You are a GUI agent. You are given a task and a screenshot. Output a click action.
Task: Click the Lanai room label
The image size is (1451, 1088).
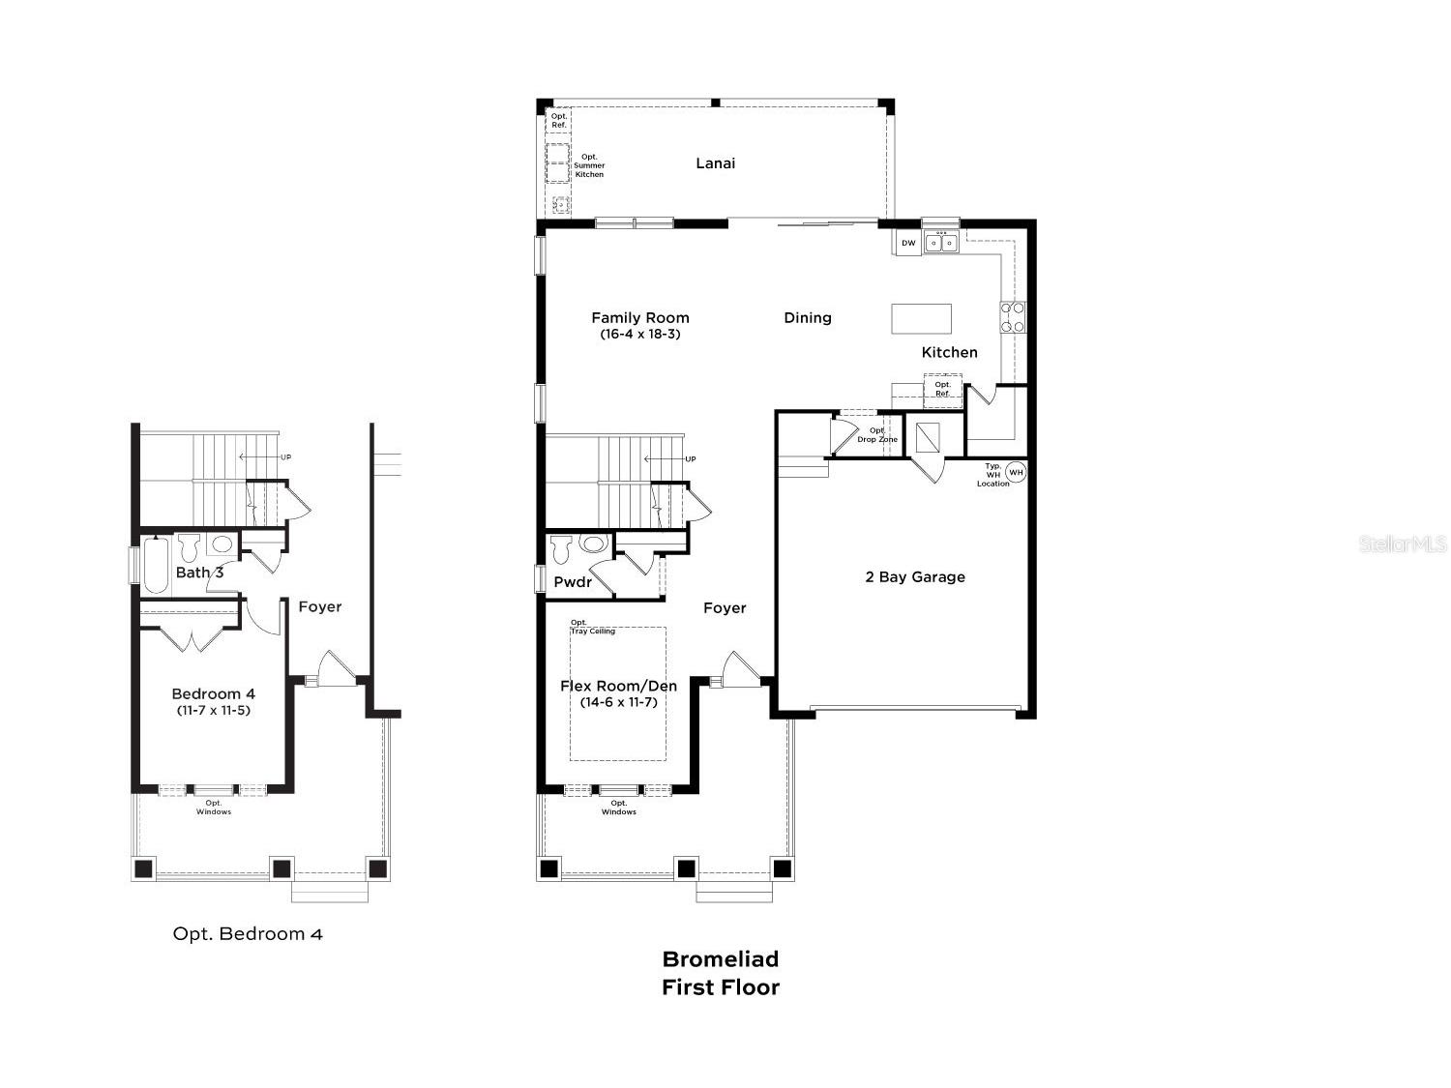coord(715,163)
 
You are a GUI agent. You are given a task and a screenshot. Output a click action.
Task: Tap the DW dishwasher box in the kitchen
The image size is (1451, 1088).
coord(909,243)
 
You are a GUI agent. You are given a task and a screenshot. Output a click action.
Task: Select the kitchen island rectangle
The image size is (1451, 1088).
coord(921,319)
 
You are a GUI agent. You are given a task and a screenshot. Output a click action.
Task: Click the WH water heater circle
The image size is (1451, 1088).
coord(1016,472)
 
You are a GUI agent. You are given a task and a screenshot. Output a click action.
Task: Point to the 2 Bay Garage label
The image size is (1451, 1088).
coord(915,576)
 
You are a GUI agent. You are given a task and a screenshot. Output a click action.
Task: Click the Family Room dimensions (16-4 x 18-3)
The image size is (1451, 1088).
coord(640,334)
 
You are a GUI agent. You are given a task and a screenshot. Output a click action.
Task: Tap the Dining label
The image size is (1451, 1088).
coord(807,318)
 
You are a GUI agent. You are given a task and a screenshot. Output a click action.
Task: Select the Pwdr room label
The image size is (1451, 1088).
coord(573,582)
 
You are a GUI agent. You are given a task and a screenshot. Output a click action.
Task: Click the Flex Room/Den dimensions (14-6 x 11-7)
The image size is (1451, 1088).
coord(619,702)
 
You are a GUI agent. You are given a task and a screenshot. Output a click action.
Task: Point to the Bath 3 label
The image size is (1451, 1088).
coord(199,573)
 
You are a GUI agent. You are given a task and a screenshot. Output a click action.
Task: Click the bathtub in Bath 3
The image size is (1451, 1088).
coord(156,566)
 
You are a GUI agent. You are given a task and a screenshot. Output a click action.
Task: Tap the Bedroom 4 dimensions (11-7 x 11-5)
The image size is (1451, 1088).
coord(214,710)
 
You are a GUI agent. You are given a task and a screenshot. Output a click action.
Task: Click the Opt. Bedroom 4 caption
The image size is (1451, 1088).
coord(248,933)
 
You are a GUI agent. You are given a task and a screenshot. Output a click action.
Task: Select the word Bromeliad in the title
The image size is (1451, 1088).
coord(721,958)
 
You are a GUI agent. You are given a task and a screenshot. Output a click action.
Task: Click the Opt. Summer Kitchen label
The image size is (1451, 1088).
coord(589,165)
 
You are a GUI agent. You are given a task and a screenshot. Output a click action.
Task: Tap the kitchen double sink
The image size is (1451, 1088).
coord(940,243)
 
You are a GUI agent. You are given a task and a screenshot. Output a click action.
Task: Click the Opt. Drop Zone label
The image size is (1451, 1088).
coord(877,434)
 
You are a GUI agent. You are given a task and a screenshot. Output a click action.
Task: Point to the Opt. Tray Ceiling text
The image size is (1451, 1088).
coord(592,627)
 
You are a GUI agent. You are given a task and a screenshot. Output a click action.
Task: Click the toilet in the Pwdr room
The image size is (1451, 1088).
coord(561,549)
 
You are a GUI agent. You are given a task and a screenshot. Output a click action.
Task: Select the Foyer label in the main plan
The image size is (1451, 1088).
coord(725,607)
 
